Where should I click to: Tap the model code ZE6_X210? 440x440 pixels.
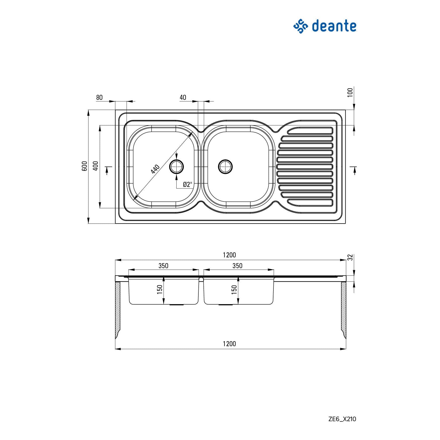(x=342, y=419)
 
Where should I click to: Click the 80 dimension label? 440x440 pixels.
(x=99, y=97)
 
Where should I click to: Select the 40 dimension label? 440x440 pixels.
(x=183, y=97)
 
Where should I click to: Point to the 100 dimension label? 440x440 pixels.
(x=350, y=92)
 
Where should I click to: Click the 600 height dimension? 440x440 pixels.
(x=85, y=166)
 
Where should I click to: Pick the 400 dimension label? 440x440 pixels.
(x=96, y=166)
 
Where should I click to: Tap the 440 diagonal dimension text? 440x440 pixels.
(x=155, y=169)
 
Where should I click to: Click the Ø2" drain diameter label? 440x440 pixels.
(x=187, y=185)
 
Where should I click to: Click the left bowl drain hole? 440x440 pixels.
(x=177, y=166)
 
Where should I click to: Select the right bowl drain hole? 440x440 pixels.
(x=225, y=166)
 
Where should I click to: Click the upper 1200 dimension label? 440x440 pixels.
(x=229, y=255)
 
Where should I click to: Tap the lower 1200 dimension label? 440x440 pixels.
(x=229, y=344)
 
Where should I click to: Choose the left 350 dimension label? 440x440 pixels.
(x=163, y=266)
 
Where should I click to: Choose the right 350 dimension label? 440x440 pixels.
(x=237, y=266)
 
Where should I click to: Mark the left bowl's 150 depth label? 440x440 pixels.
(x=160, y=289)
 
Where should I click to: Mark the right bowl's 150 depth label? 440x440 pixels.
(x=234, y=289)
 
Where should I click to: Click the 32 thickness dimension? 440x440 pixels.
(x=350, y=257)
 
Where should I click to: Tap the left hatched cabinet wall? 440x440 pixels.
(x=118, y=309)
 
